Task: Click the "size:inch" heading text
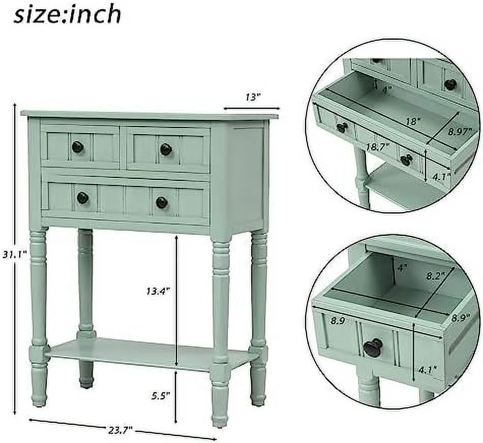pos(68,14)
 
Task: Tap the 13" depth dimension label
pos(252,98)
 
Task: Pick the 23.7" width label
pos(119,429)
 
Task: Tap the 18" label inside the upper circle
pos(413,122)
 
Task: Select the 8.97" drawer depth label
pos(461,132)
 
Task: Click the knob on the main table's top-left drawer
pos(77,147)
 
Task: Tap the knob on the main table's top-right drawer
pos(166,149)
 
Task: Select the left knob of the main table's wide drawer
pos(82,198)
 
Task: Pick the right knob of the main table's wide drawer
pos(162,202)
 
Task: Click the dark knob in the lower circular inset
pos(373,347)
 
